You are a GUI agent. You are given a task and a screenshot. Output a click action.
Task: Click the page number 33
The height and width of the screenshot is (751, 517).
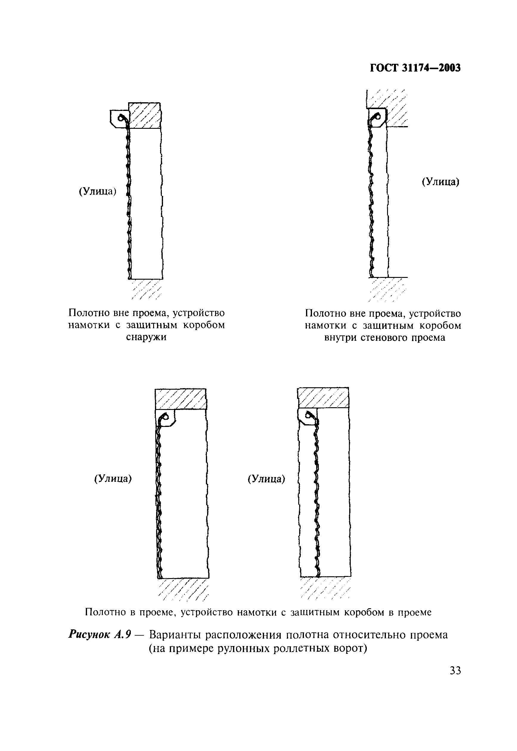click(455, 670)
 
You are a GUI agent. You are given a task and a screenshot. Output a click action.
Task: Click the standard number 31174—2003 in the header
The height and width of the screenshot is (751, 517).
click(431, 68)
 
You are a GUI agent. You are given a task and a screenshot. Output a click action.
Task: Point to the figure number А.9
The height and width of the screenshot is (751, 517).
click(122, 635)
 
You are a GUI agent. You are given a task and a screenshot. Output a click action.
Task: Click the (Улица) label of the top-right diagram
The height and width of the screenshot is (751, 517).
click(440, 182)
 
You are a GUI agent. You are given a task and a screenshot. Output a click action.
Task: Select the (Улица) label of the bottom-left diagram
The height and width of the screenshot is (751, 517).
click(113, 479)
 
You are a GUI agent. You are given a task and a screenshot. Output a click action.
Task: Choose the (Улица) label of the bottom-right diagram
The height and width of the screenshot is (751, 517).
click(266, 479)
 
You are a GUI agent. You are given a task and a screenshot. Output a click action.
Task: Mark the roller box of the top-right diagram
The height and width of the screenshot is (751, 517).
click(377, 117)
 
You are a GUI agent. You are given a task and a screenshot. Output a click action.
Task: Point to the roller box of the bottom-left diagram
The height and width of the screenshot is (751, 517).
click(165, 417)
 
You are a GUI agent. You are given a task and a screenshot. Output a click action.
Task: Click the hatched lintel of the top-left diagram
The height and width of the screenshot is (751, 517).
click(145, 115)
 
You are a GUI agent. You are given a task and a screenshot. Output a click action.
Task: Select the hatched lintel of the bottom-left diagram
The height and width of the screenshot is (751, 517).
click(181, 399)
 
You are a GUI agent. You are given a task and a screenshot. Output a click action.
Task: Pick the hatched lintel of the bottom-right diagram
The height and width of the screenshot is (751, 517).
click(323, 397)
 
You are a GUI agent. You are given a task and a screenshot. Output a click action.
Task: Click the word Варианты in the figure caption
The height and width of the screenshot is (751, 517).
click(175, 635)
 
